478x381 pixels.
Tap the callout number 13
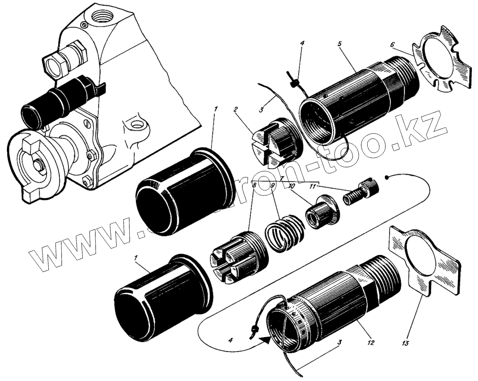(405, 344)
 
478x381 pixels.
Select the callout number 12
(369, 344)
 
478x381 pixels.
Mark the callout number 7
(281, 178)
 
